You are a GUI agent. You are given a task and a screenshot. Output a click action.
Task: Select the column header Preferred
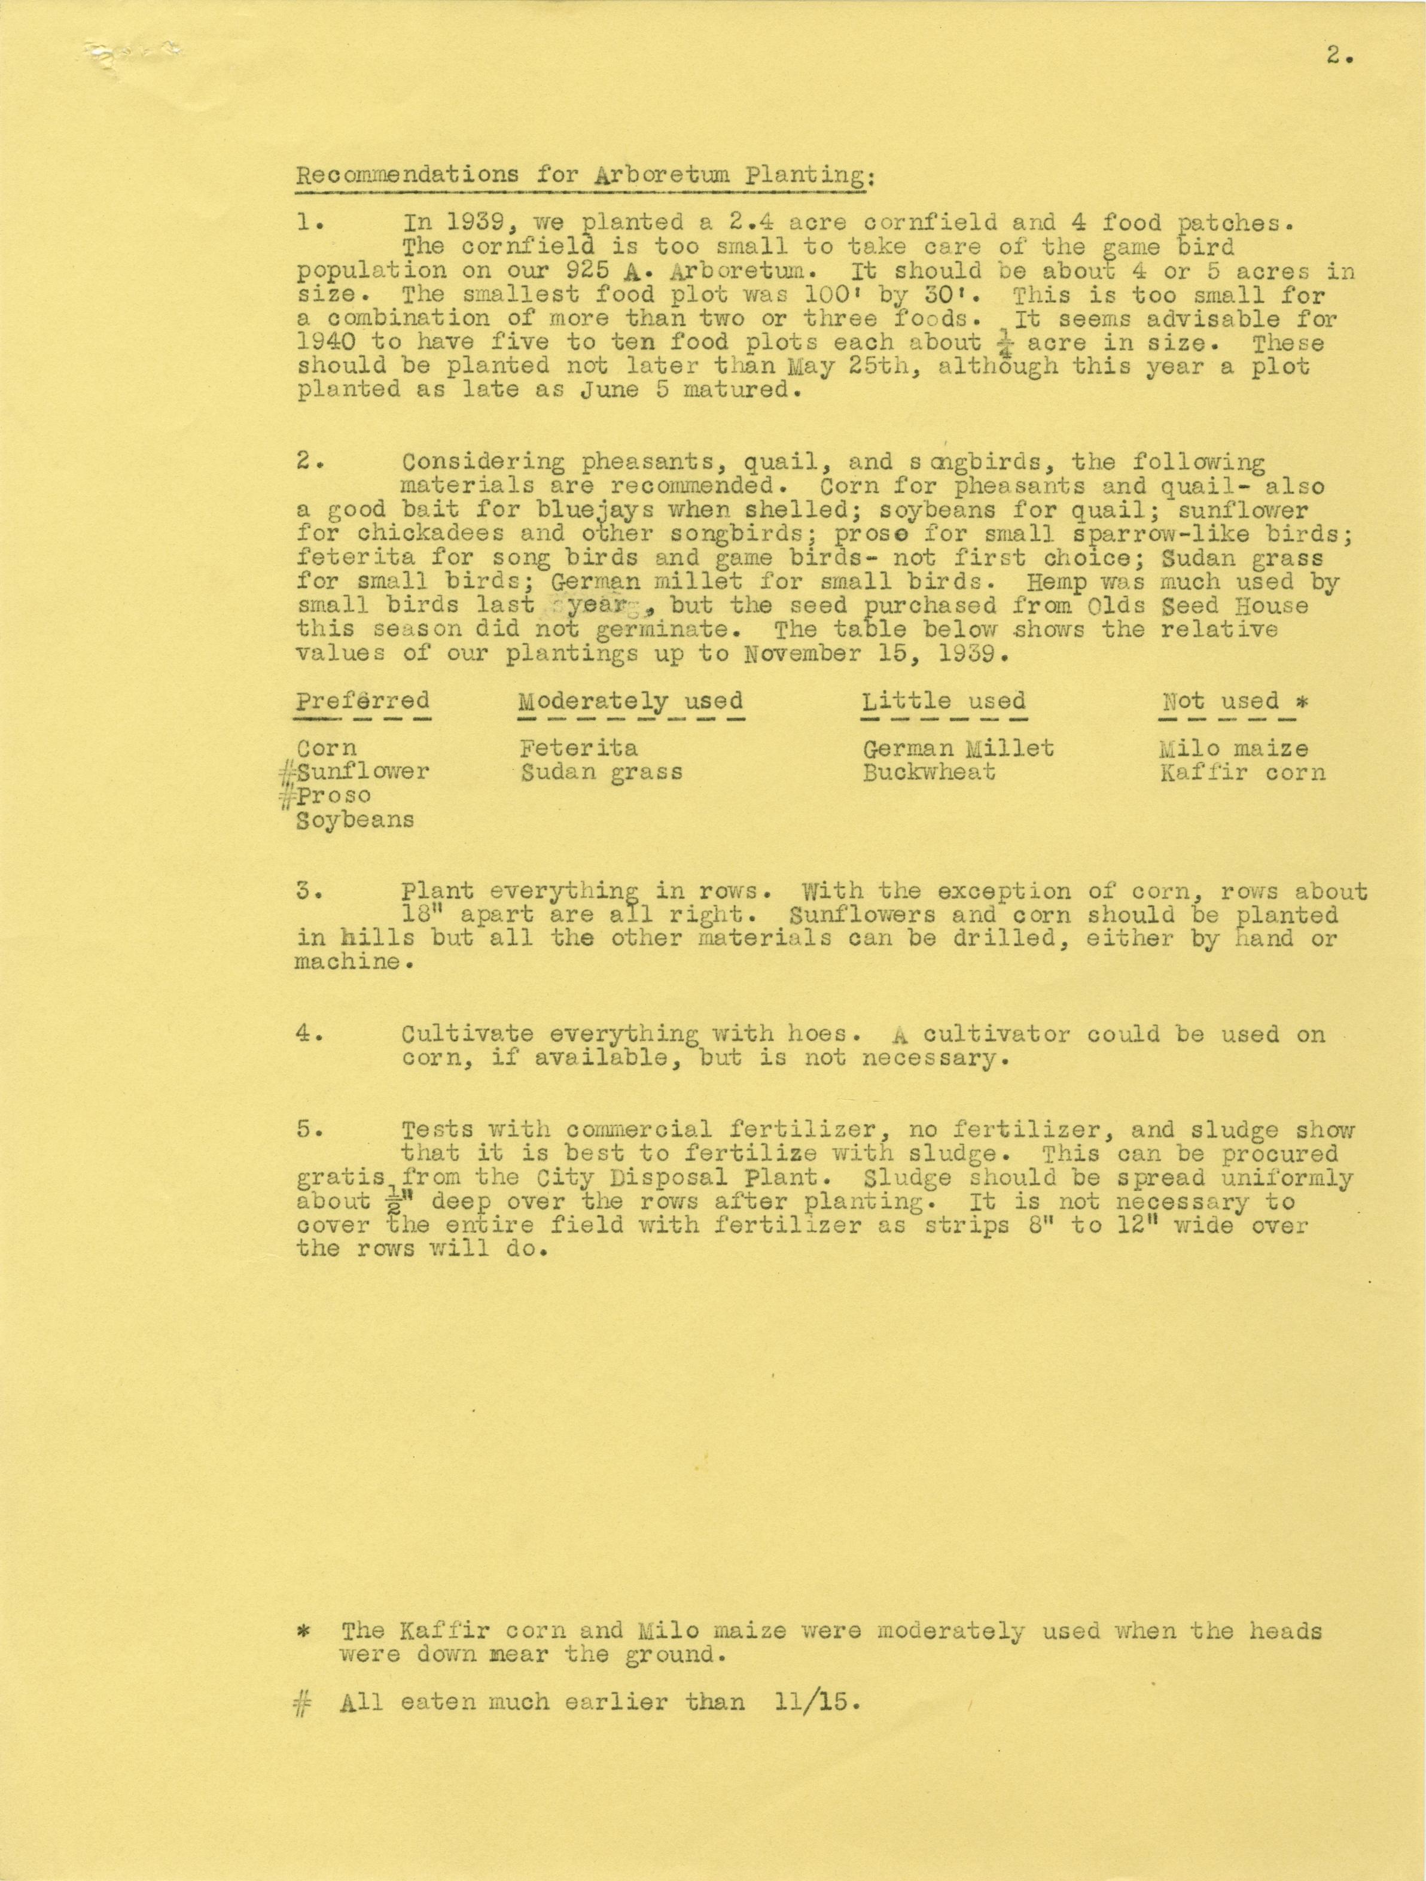pyautogui.click(x=363, y=702)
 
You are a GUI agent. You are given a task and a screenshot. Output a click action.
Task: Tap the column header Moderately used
pyautogui.click(x=630, y=702)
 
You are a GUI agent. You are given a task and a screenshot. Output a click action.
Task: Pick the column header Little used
pyautogui.click(x=944, y=702)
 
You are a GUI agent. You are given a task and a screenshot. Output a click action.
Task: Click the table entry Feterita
pyautogui.click(x=578, y=748)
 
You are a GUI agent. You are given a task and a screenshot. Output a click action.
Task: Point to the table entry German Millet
pyautogui.click(x=958, y=748)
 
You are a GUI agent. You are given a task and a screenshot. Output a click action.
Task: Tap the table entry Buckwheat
pyautogui.click(x=928, y=773)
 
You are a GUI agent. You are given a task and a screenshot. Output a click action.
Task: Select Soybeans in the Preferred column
pyautogui.click(x=355, y=821)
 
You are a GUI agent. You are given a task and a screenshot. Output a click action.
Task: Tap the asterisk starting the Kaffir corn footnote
pyautogui.click(x=304, y=1631)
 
